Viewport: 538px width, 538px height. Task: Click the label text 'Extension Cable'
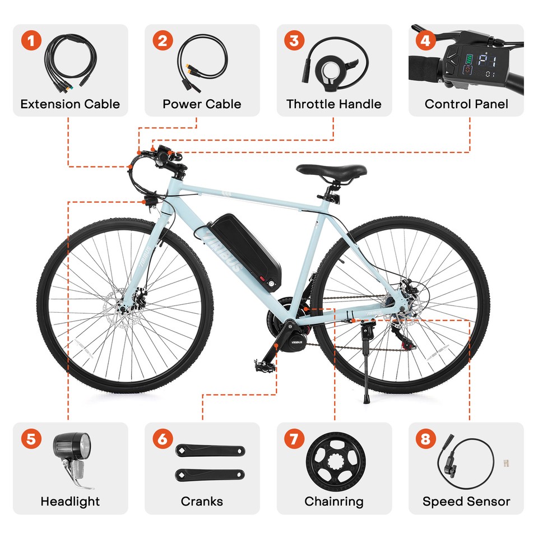click(70, 104)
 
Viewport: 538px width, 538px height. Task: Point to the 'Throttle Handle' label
click(333, 104)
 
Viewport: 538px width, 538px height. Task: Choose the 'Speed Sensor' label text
click(466, 501)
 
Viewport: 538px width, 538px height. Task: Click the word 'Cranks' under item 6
click(202, 501)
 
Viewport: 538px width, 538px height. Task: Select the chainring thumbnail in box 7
click(334, 461)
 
